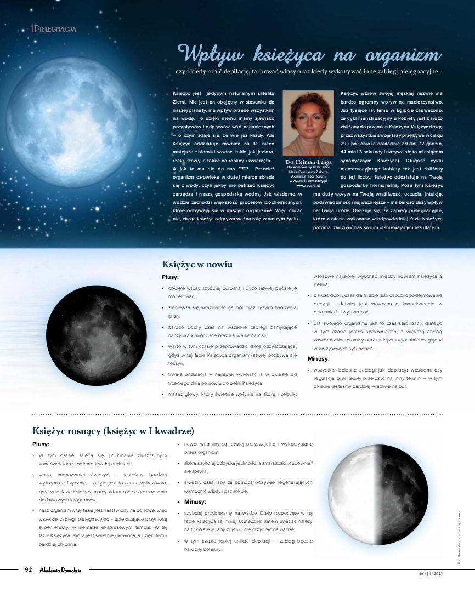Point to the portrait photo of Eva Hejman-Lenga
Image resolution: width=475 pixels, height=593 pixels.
pyautogui.click(x=308, y=123)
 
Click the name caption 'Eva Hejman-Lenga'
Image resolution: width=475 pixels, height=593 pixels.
pyautogui.click(x=308, y=162)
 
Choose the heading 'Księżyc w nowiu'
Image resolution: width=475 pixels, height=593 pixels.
pyautogui.click(x=197, y=265)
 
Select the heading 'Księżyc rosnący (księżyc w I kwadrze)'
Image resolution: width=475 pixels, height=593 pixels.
pyautogui.click(x=113, y=431)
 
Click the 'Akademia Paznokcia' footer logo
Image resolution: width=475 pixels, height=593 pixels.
pyautogui.click(x=60, y=571)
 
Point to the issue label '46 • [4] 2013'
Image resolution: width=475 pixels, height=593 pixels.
pyautogui.click(x=430, y=573)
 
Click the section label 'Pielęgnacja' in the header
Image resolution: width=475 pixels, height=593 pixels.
pyautogui.click(x=55, y=29)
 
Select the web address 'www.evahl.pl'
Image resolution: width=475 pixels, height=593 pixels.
pyautogui.click(x=308, y=186)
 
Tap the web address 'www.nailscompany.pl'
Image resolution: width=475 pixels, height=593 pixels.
pyautogui.click(x=308, y=181)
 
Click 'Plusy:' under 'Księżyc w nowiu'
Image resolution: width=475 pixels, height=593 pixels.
pyautogui.click(x=170, y=277)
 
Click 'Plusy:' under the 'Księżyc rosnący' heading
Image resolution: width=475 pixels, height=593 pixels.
pyautogui.click(x=41, y=444)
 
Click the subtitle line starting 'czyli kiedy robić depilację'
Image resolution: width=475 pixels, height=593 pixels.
pyautogui.click(x=307, y=71)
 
